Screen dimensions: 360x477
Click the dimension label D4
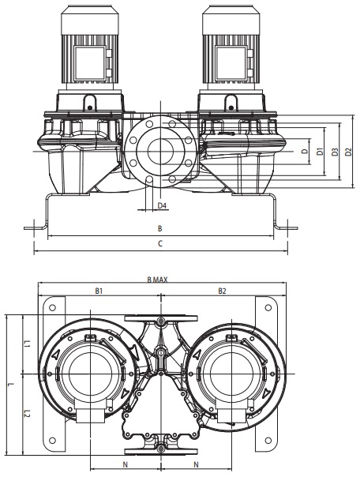163,205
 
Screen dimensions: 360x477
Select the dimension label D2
348,152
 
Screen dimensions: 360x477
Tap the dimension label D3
335,152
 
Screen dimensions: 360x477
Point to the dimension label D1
320,152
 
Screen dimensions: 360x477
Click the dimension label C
160,243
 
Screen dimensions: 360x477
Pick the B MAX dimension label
157,280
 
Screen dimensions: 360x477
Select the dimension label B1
99,291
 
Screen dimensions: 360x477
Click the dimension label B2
223,291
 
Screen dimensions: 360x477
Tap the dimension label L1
27,344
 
